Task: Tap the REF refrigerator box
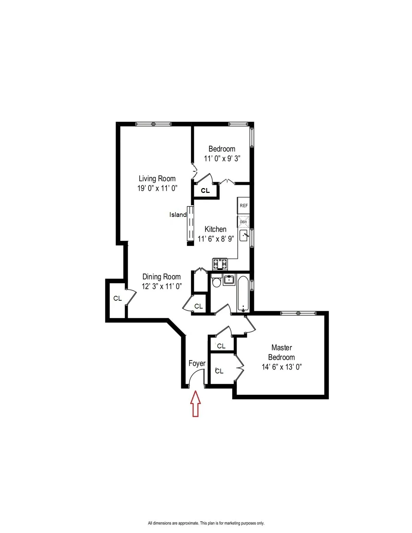[243, 206]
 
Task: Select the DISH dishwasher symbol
[243, 222]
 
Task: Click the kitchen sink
[244, 235]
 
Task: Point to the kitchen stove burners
[220, 264]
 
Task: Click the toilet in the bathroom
[216, 282]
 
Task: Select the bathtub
[243, 293]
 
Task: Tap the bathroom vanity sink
[229, 280]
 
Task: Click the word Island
[178, 215]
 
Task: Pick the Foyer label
[197, 363]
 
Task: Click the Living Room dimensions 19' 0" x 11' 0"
[157, 188]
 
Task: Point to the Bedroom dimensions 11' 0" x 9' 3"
[222, 158]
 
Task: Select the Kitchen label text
[215, 229]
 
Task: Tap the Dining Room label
[161, 277]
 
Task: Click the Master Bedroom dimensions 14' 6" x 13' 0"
[282, 367]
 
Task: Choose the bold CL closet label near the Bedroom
[205, 190]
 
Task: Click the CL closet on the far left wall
[117, 298]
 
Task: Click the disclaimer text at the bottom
[206, 523]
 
